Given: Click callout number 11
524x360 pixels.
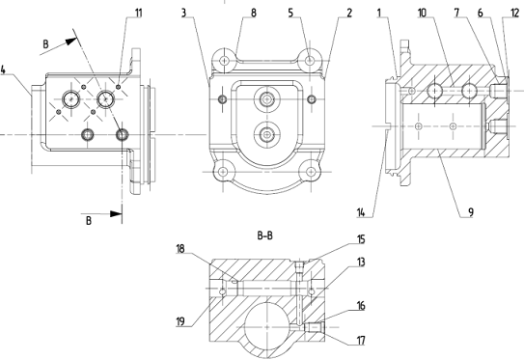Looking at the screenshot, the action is click(x=138, y=14).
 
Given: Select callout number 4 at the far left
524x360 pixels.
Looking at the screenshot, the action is click(x=3, y=69).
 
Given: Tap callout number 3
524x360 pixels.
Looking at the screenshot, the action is click(x=183, y=14).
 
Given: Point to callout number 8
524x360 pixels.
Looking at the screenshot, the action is click(x=254, y=14).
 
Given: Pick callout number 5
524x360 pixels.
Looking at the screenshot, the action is click(x=290, y=14).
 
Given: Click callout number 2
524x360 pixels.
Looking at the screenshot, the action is click(x=349, y=14).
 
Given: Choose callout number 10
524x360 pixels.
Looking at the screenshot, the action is click(x=422, y=14).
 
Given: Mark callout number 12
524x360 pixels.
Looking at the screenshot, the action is click(x=515, y=14).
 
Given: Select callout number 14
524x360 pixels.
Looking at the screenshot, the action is click(x=361, y=212).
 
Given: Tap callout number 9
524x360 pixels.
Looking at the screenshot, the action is click(x=471, y=212).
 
